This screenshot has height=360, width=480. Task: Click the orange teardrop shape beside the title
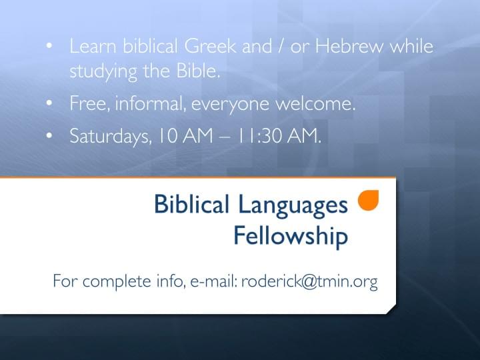[x=368, y=200]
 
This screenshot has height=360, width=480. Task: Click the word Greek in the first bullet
[x=210, y=46]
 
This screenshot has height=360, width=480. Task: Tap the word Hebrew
[x=349, y=46]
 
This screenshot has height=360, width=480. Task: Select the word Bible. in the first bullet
[x=198, y=71]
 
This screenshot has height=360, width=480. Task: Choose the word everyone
[x=230, y=105]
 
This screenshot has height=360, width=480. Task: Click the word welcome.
[x=315, y=103]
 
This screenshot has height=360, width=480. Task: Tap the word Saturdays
[x=111, y=136]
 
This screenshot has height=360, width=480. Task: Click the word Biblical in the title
[x=191, y=204]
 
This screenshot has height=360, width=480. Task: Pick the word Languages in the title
[x=293, y=206]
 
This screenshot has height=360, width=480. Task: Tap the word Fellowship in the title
[x=291, y=236]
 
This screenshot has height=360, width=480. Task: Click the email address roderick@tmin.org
[x=309, y=281]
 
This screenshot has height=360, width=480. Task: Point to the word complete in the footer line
[x=117, y=281]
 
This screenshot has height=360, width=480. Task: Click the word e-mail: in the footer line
[x=214, y=281]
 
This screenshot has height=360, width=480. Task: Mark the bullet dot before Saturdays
[x=49, y=135]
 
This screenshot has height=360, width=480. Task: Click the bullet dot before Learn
[x=49, y=45]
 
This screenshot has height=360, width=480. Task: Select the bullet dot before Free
[x=49, y=103]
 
